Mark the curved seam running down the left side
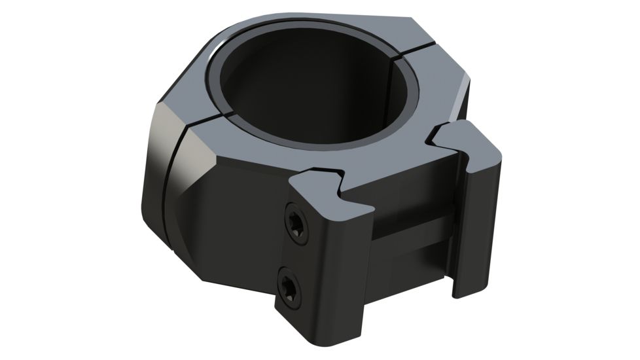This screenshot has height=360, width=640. coord(169,196)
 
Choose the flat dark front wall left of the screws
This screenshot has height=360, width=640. coord(236,242)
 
